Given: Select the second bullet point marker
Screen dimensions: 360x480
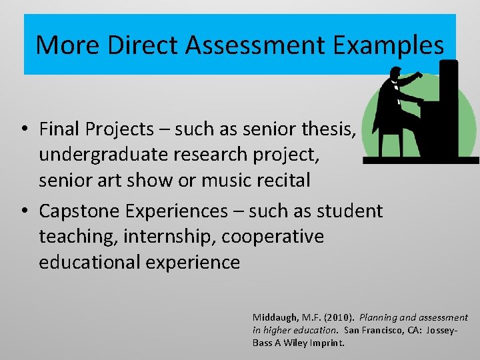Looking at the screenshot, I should (23, 211).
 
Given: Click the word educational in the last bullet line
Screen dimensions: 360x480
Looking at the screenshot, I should (86, 262).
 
